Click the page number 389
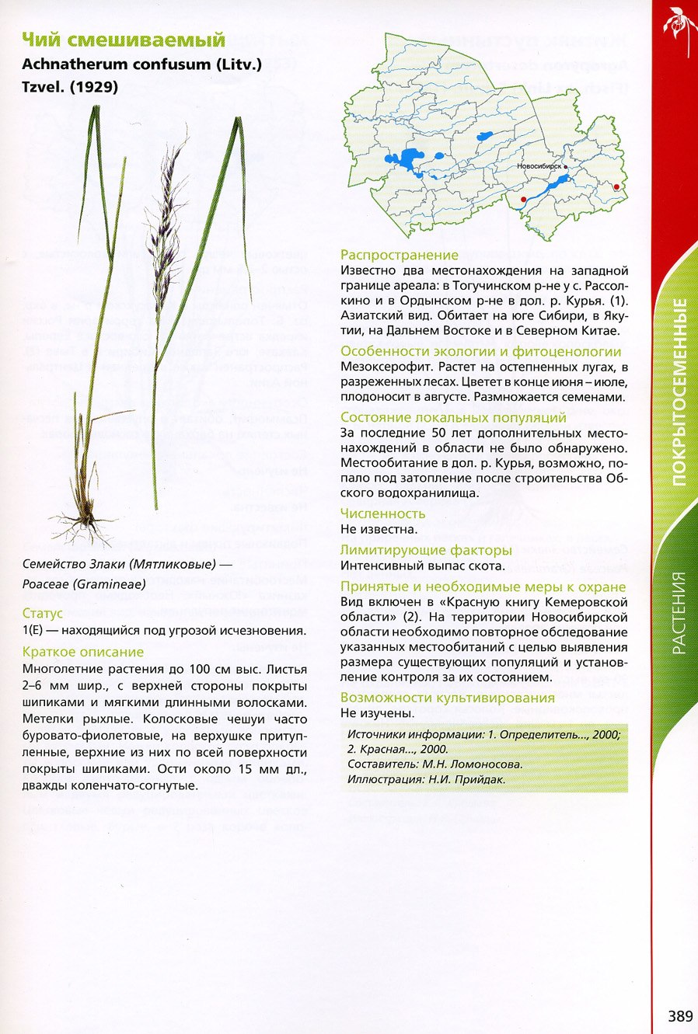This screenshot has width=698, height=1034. (679, 1016)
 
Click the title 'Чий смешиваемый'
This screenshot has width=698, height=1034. (124, 40)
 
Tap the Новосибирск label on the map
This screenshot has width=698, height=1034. (539, 166)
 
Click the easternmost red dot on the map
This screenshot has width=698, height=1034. (616, 186)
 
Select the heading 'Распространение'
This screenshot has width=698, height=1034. (400, 255)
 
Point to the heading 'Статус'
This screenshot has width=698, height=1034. (42, 614)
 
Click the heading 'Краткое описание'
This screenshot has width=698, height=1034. (83, 652)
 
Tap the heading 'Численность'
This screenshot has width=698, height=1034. (382, 514)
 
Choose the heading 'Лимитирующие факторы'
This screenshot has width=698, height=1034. (426, 550)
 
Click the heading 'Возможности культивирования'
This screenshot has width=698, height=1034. (448, 698)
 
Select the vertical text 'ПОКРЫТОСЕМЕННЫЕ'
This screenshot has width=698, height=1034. (679, 392)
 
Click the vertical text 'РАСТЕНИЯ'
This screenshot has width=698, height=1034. (679, 612)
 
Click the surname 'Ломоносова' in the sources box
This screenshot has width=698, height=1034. (488, 764)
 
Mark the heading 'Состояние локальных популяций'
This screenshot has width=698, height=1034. (453, 417)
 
